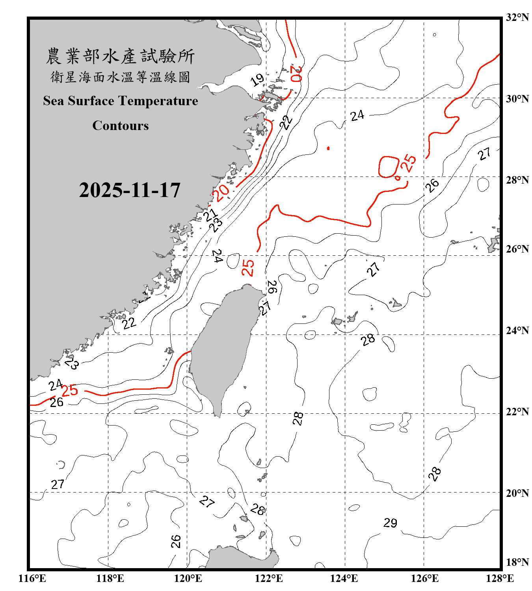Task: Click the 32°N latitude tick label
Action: (x=517, y=17)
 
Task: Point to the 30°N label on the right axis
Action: (x=517, y=98)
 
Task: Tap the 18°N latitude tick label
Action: (x=517, y=562)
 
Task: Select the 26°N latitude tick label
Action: (x=517, y=249)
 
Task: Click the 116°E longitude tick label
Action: (x=32, y=578)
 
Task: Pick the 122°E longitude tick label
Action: (x=269, y=578)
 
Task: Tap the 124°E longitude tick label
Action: (x=344, y=578)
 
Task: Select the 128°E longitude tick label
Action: (x=500, y=578)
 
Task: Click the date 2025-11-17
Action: (x=130, y=190)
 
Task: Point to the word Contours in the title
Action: (x=121, y=126)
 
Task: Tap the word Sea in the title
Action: (x=54, y=101)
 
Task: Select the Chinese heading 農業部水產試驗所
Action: (x=120, y=56)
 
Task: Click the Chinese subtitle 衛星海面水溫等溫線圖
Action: (x=120, y=77)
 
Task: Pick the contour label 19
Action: (x=257, y=80)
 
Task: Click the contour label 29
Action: (x=390, y=523)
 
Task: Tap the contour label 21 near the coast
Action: (x=210, y=215)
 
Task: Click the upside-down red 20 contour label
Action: (x=296, y=74)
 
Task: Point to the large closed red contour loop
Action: (x=389, y=167)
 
